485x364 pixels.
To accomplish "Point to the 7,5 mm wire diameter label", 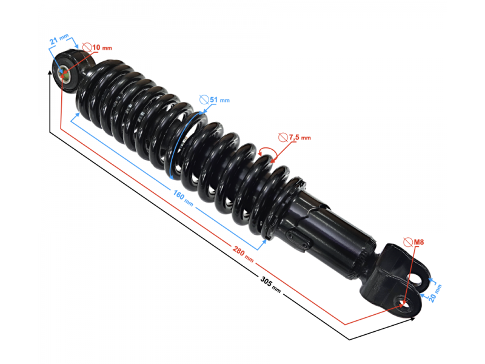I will point(299,138).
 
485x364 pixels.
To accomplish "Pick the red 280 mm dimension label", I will point(244,253).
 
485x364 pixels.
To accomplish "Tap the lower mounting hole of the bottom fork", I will point(404,302).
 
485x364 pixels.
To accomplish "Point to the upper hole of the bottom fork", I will point(417,278).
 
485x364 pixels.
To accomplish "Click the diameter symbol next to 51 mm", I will point(204,99).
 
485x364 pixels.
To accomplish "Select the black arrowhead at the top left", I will point(50,73).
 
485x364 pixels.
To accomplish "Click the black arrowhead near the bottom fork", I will point(412,317).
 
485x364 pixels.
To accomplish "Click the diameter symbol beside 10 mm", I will point(87,47).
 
